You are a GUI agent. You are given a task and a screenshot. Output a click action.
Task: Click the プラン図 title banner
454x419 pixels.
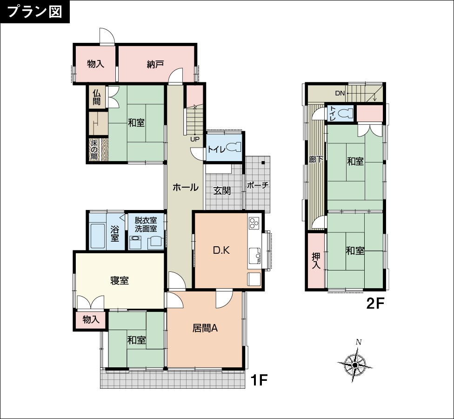tap(35, 12)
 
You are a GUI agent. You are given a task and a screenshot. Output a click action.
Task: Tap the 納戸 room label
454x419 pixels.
tap(155, 64)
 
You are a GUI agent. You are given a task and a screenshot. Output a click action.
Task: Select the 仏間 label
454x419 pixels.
tap(97, 97)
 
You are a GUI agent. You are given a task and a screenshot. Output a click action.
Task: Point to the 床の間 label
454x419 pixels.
tap(94, 150)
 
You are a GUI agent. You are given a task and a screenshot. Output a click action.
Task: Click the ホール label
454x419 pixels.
tap(185, 187)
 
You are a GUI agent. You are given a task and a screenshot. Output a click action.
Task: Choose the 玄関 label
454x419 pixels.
tap(222, 191)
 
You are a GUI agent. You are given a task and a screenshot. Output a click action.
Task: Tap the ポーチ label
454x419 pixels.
tap(258, 185)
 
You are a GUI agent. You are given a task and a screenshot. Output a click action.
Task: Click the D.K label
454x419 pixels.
tap(221, 250)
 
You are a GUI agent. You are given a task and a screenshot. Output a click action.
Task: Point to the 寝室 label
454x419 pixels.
tap(119, 280)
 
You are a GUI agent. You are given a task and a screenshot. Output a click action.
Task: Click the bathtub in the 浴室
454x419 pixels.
tap(97, 236)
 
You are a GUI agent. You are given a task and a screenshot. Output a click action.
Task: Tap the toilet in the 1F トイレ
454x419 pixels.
tap(233, 147)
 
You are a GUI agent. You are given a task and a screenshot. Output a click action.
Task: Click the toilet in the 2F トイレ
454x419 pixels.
tap(346, 113)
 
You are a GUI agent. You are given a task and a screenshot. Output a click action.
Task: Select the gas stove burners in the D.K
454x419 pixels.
tap(254, 223)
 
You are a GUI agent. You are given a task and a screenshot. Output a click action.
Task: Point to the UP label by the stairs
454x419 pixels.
tap(195, 139)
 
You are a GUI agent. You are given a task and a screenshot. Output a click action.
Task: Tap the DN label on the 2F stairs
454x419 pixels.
tap(340, 93)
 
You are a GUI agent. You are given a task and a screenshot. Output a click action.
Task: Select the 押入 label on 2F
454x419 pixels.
tap(316, 261)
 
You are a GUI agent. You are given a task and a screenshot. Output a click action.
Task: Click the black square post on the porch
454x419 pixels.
tap(263, 162)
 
